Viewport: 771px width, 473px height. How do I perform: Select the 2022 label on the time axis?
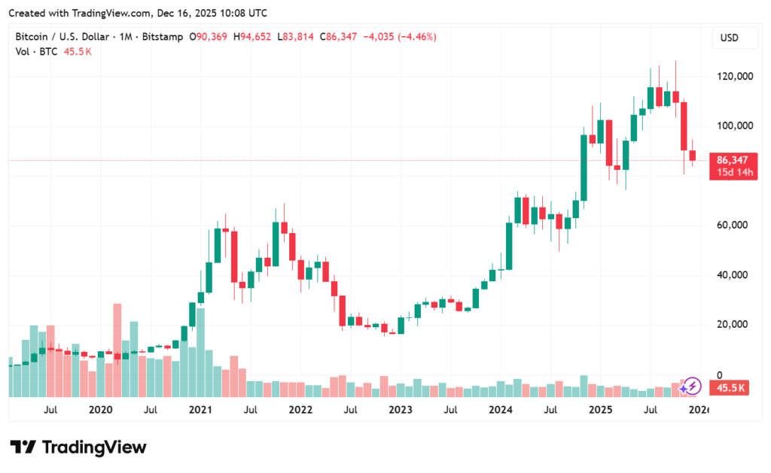pos(300,410)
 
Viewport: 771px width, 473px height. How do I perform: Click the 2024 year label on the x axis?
pos(500,410)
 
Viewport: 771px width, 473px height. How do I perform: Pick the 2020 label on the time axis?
pos(100,410)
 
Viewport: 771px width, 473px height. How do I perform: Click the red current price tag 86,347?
pos(731,160)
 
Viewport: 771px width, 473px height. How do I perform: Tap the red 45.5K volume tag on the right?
pos(730,388)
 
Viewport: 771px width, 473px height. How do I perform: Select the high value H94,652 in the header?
pos(253,37)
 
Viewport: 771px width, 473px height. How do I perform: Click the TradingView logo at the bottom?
pos(78,447)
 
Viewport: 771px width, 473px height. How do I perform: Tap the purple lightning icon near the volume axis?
pos(691,387)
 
